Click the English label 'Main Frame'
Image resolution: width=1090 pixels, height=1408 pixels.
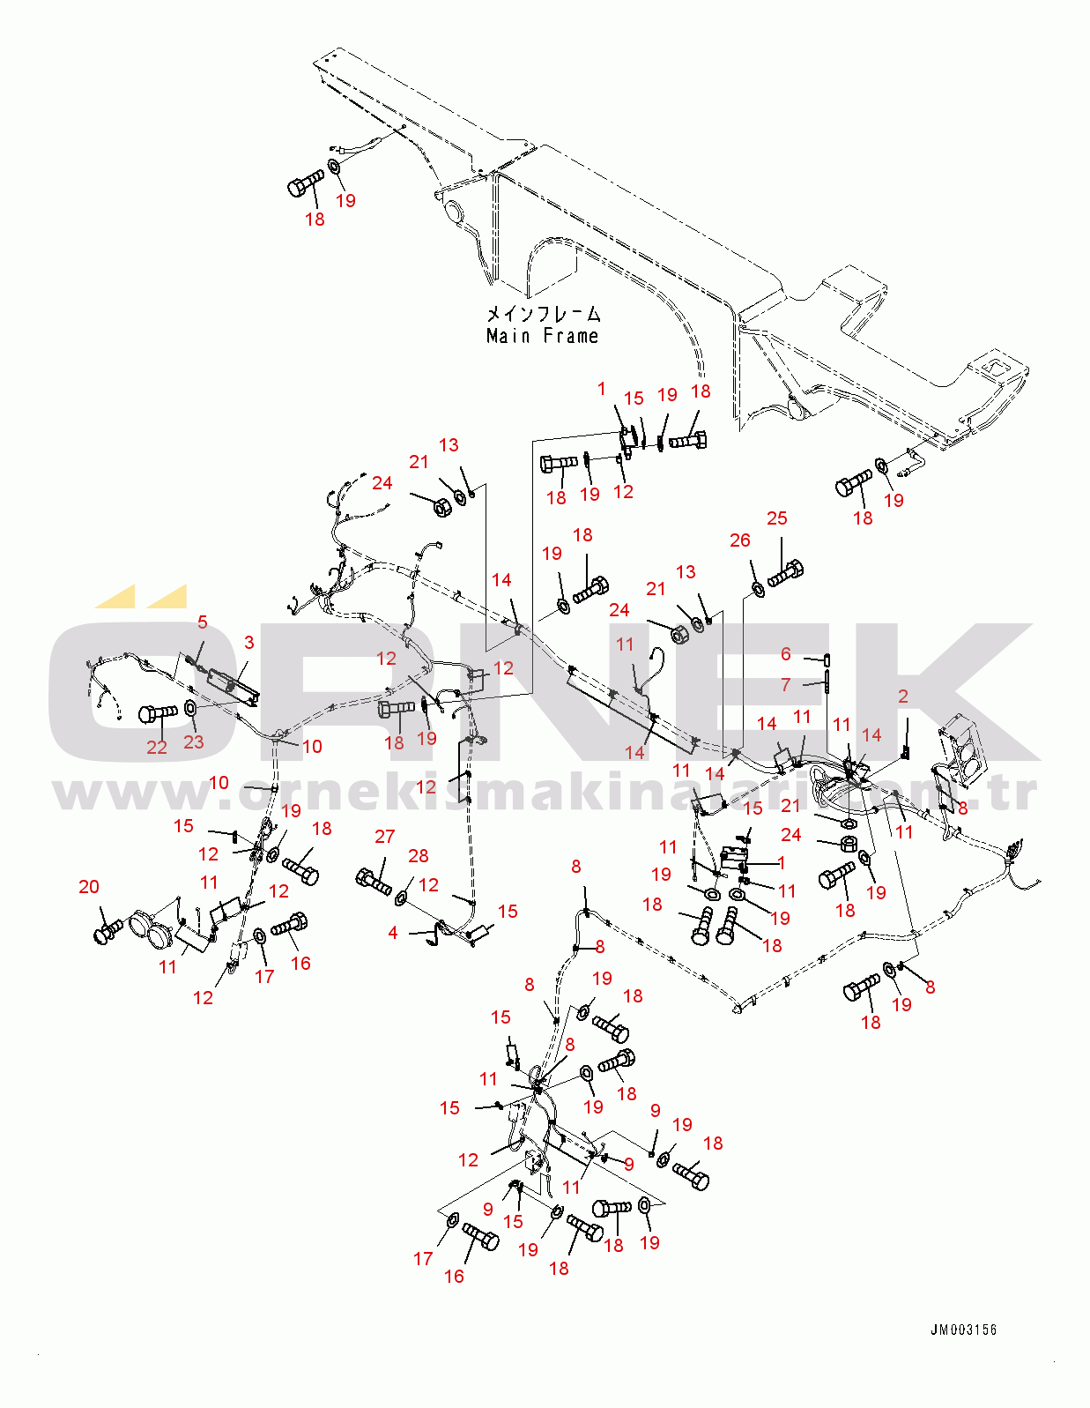pos(542,336)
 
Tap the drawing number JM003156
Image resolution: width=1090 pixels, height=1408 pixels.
pos(963,1330)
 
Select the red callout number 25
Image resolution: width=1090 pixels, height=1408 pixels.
pos(776,518)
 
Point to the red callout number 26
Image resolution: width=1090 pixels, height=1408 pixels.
pos(740,540)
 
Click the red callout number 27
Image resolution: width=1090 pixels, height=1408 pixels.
pos(384,837)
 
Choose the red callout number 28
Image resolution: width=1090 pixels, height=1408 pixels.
pos(419,856)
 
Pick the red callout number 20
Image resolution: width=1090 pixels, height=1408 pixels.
pos(89,887)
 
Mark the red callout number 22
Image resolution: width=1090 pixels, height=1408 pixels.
pos(157,748)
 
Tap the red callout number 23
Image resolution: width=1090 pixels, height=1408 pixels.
pos(194,742)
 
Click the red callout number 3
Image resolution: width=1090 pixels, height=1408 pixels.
pos(249,643)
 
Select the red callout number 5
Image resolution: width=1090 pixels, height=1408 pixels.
pos(203,622)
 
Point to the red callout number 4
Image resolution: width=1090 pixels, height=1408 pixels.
pos(393,932)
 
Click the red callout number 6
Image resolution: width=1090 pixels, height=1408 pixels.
pos(786,654)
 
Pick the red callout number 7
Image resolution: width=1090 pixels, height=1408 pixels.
pos(786,684)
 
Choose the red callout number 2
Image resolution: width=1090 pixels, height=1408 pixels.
pos(903,697)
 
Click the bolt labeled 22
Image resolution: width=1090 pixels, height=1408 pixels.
pos(158,711)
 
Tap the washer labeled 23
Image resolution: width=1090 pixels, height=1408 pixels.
pos(191,709)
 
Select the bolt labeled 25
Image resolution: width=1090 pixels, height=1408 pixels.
pos(786,574)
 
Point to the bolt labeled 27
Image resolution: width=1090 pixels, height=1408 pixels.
pos(374,881)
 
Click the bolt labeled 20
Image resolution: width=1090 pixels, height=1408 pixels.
pos(108,930)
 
